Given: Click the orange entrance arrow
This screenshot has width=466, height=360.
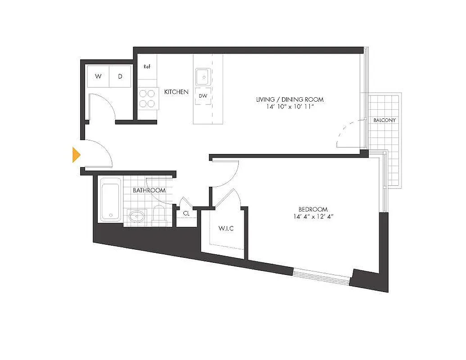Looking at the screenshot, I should pos(76,155).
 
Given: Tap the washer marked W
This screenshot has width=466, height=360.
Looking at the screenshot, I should pos(98,76).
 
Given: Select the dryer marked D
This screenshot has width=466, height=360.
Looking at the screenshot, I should pos(120,76).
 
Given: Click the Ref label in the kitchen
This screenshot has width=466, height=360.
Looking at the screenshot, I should pos(147,67).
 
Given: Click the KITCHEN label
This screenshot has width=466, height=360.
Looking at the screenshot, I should pos(176,92).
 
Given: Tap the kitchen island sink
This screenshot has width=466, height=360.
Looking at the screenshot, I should pos(204,77).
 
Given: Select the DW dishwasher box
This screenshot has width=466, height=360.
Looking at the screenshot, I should pos(203,96).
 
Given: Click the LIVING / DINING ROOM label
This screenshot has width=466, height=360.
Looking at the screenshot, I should pos(290,99).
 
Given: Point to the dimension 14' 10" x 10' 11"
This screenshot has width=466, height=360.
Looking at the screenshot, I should pos(290,107).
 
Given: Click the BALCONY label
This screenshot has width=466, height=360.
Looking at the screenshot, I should pos(385,120).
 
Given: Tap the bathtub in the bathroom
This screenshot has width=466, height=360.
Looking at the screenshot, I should pos(110,199).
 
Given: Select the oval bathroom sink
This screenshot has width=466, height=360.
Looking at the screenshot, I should pos(136,216).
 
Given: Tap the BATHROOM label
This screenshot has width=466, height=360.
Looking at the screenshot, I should pos(149,190).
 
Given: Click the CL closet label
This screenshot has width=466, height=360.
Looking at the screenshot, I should pos(186,213).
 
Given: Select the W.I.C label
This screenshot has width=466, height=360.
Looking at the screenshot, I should pos(226,229).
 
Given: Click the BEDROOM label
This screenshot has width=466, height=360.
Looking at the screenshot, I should pos(313,209).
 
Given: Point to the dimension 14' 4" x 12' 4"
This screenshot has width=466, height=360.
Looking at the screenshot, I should pos(313,216).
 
